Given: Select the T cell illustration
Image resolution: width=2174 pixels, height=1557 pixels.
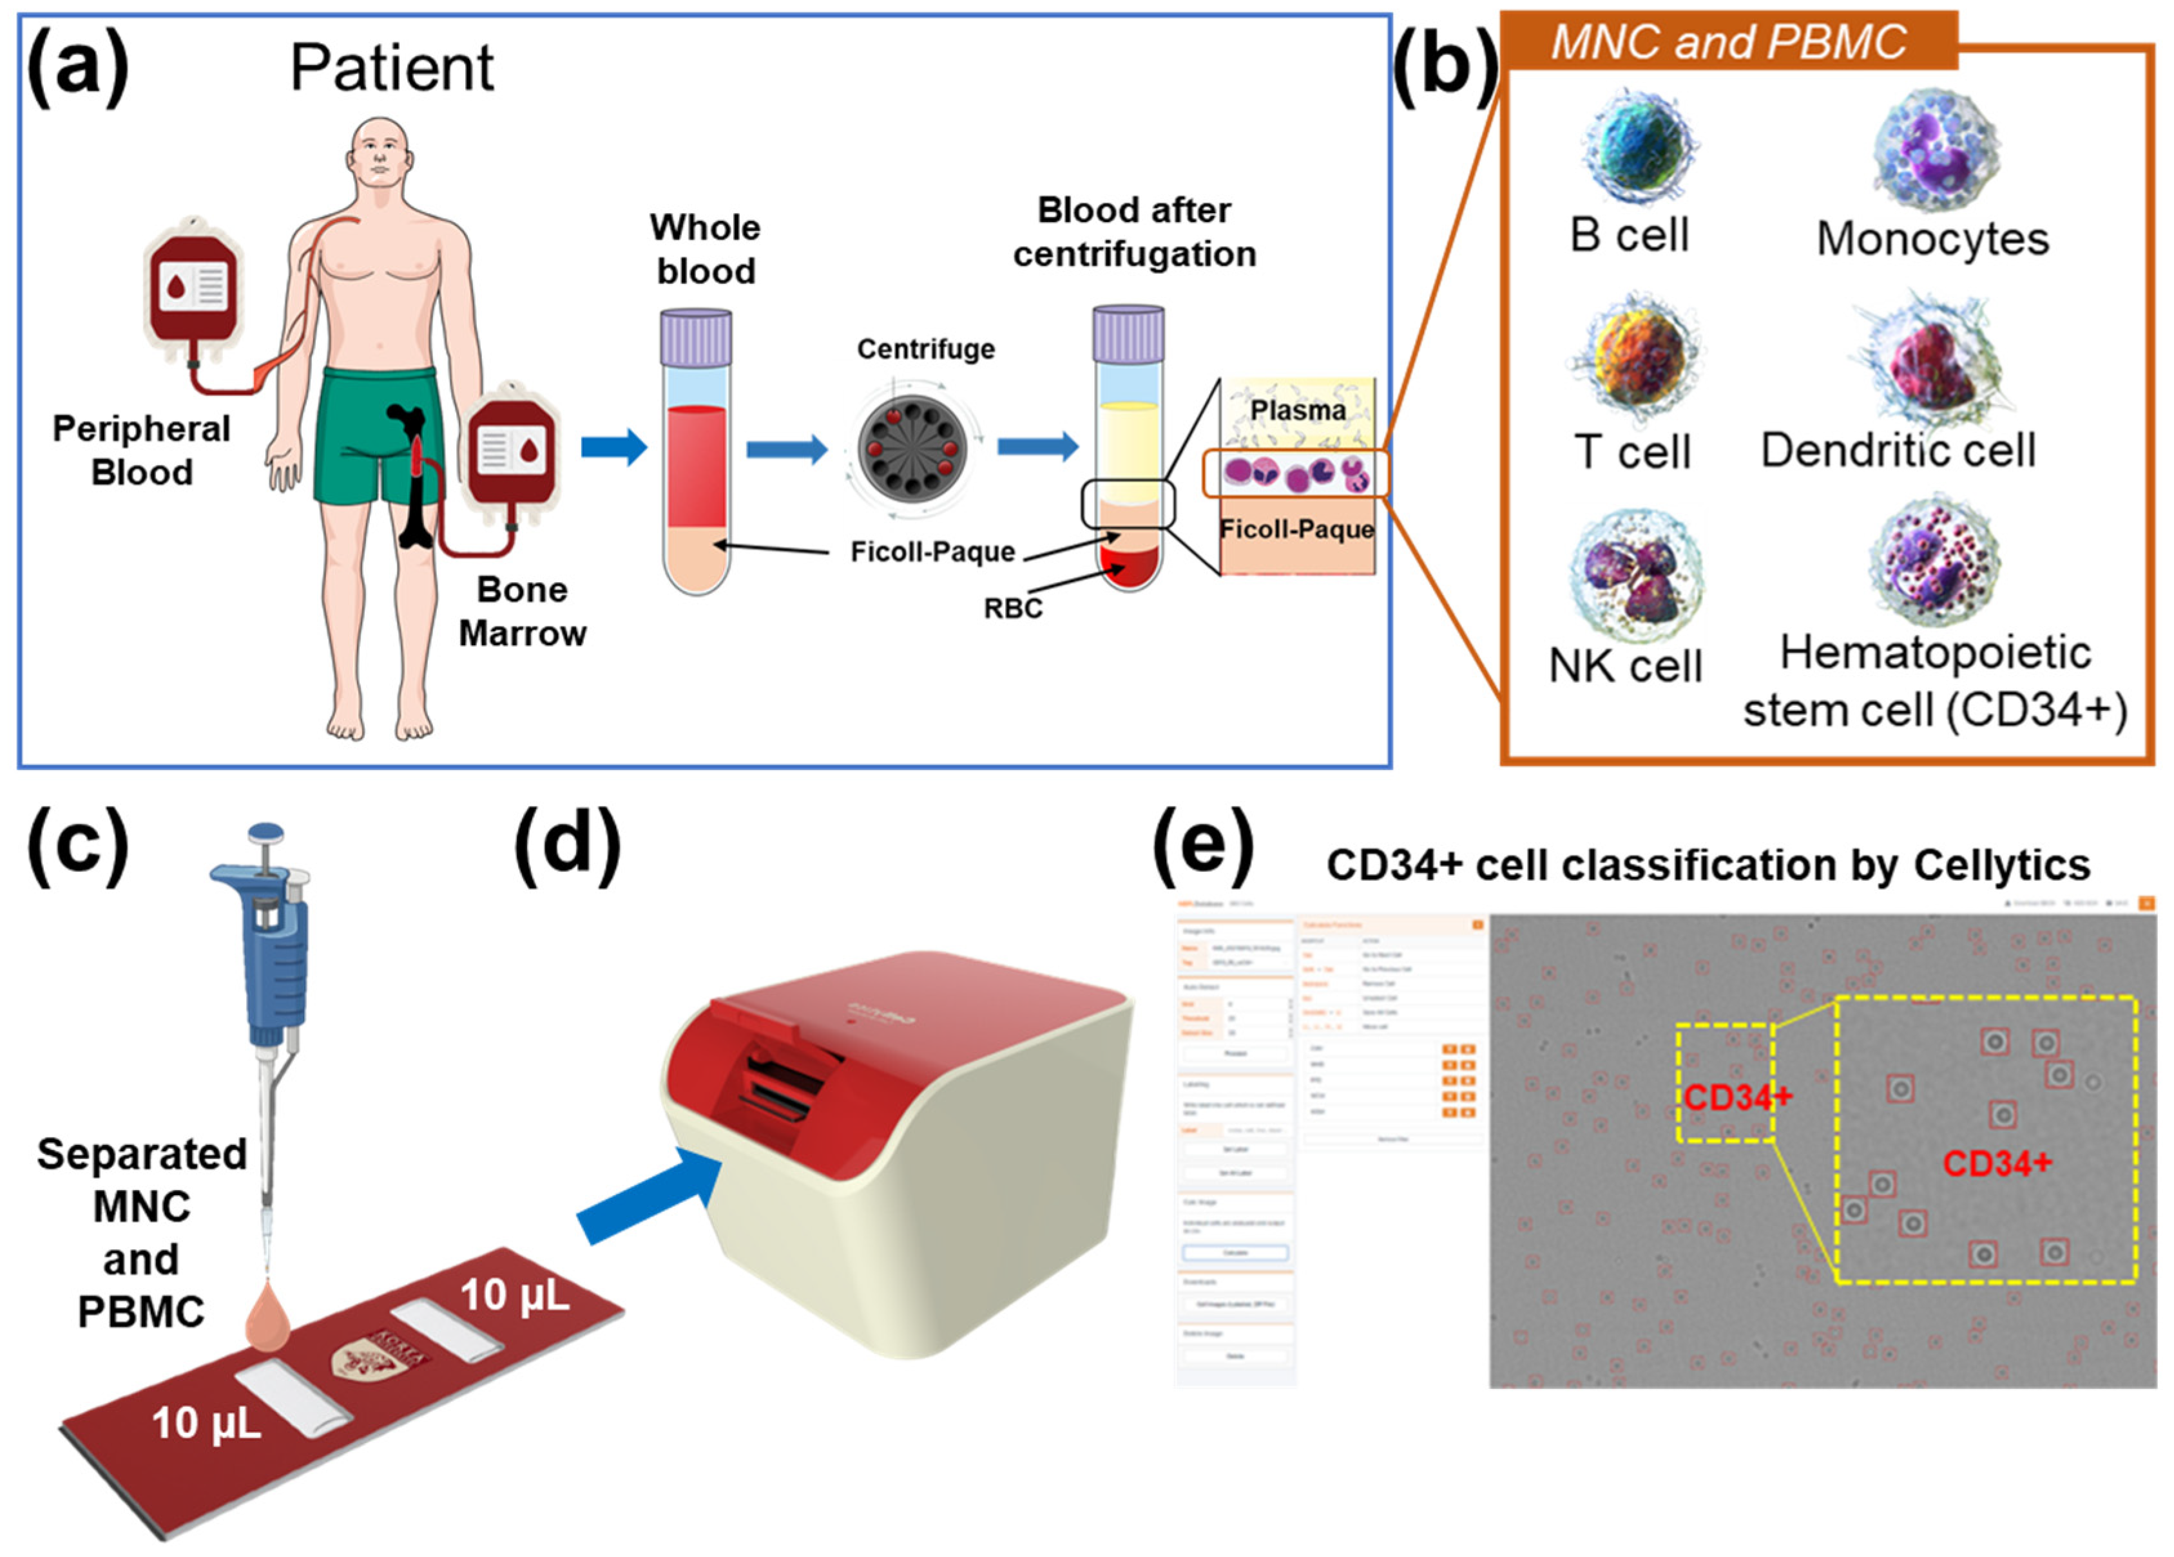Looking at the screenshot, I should pyautogui.click(x=1637, y=359).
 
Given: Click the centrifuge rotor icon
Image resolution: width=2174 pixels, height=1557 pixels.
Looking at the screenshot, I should pyautogui.click(x=912, y=448).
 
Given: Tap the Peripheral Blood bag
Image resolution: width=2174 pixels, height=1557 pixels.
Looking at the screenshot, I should pyautogui.click(x=193, y=297).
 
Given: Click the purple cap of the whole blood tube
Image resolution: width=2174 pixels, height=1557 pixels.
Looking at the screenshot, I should pyautogui.click(x=696, y=336).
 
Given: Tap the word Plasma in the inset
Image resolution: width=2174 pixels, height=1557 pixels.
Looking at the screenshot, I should pyautogui.click(x=1297, y=410).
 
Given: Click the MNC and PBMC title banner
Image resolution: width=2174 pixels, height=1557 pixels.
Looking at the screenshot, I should pyautogui.click(x=1728, y=42).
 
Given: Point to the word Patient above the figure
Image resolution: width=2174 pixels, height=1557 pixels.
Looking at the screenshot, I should pyautogui.click(x=391, y=68).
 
